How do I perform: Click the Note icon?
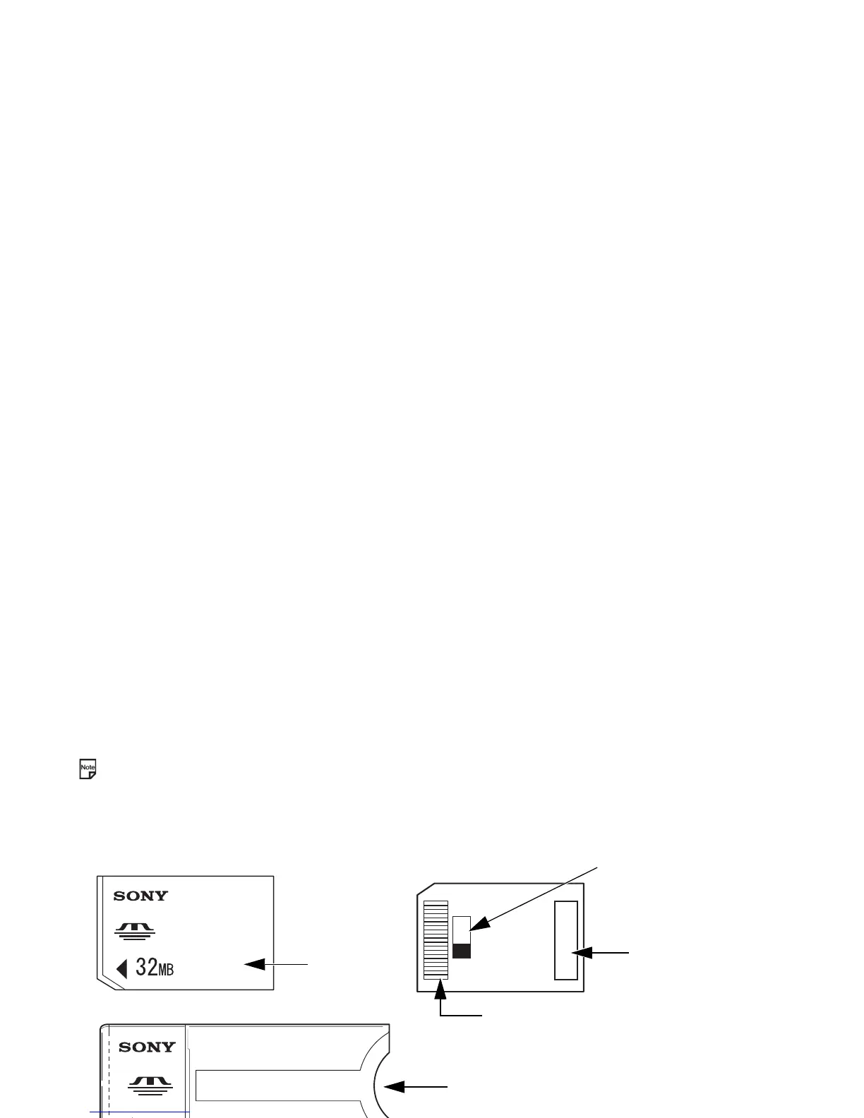click(88, 769)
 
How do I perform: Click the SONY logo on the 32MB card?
click(141, 896)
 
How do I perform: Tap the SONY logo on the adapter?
click(147, 1047)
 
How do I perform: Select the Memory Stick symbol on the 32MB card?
click(134, 931)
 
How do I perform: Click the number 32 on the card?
click(146, 967)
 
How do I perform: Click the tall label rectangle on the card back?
click(566, 940)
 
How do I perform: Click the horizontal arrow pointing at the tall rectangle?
click(600, 953)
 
